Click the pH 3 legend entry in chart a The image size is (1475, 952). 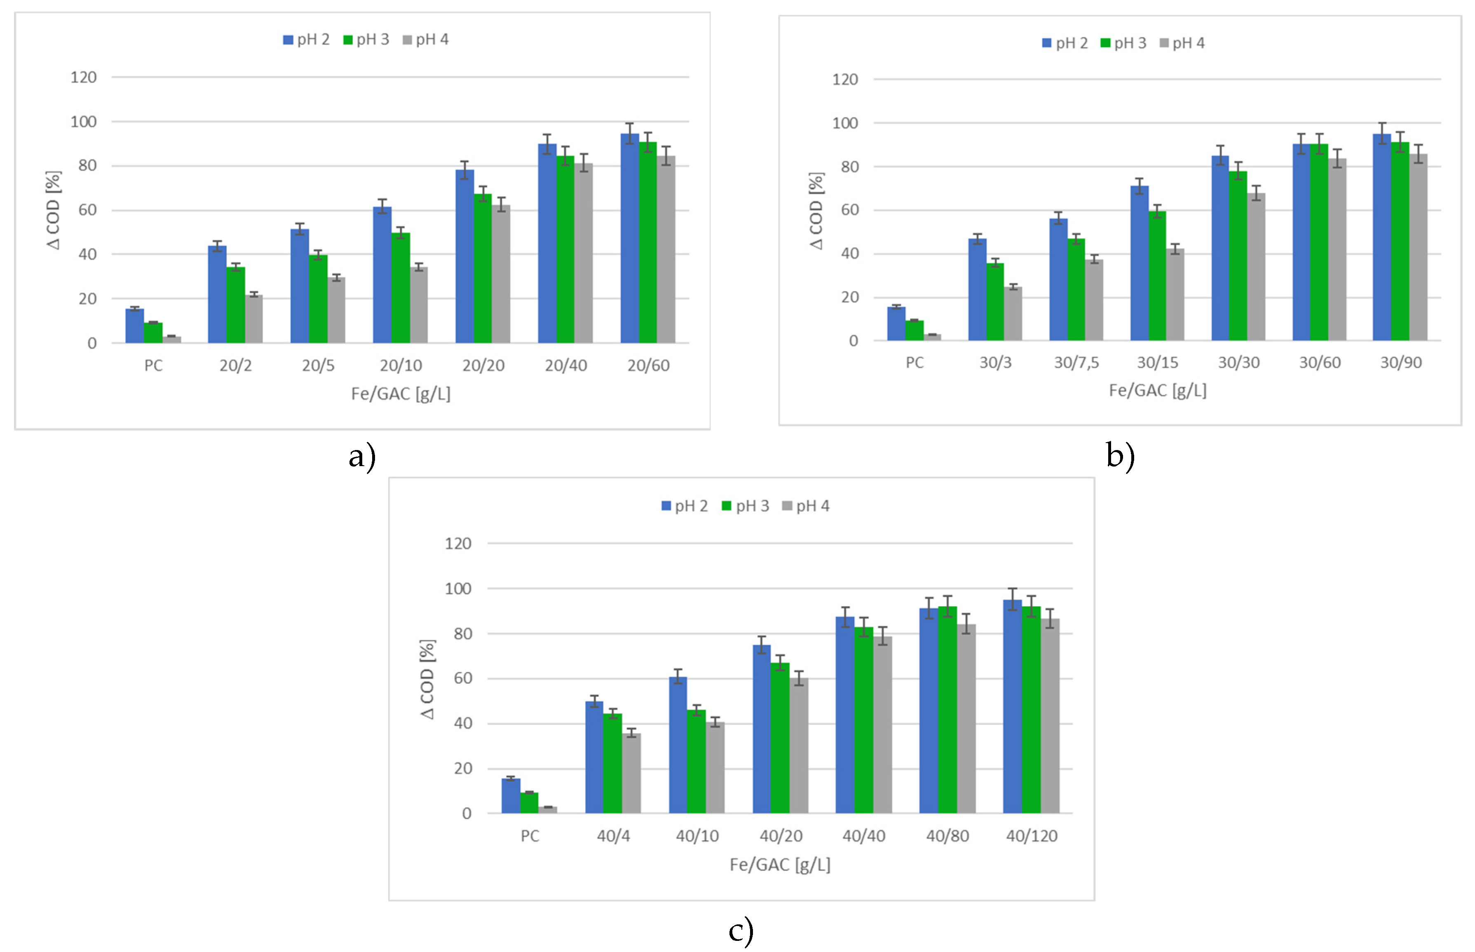(x=366, y=40)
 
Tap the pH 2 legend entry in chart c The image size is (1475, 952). (x=684, y=506)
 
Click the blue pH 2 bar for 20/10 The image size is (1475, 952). (x=382, y=275)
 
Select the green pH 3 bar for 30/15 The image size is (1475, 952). (x=1156, y=276)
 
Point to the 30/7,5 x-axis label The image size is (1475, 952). (x=1076, y=363)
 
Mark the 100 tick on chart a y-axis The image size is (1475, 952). (x=83, y=122)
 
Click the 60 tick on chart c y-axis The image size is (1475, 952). (x=462, y=678)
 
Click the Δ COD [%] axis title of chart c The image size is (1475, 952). (x=427, y=679)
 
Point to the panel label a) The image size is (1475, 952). (x=362, y=457)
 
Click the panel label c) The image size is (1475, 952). (x=741, y=931)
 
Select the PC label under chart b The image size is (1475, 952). (x=914, y=363)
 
